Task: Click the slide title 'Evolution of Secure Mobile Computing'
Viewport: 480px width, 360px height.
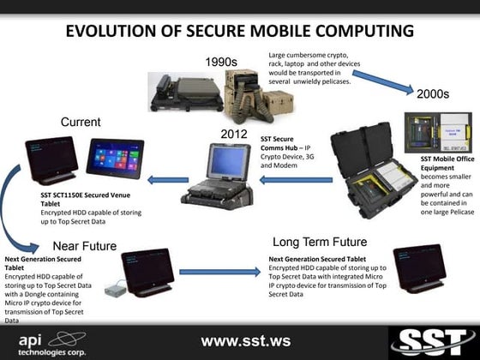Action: pos(239,32)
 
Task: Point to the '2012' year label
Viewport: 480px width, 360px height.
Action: pos(234,135)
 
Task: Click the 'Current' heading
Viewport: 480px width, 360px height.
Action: pos(81,123)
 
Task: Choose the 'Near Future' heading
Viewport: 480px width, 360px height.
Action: pos(85,246)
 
